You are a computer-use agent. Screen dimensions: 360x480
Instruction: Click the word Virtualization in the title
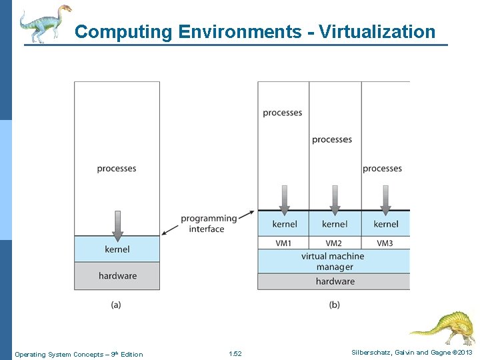pyautogui.click(x=377, y=31)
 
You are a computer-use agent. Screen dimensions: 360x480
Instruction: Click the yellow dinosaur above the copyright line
pyautogui.click(x=441, y=327)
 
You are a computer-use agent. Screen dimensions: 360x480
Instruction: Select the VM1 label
pyautogui.click(x=283, y=243)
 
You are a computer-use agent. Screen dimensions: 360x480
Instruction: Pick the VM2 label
pyautogui.click(x=334, y=243)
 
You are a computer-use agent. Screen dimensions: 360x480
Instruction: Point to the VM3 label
pyautogui.click(x=385, y=243)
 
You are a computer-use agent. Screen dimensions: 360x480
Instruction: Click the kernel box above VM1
pyautogui.click(x=284, y=224)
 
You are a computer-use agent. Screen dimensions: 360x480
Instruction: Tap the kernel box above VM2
pyautogui.click(x=335, y=224)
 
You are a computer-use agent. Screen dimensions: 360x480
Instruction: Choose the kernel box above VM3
pyautogui.click(x=385, y=224)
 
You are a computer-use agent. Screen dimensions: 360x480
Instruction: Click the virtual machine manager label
pyautogui.click(x=333, y=261)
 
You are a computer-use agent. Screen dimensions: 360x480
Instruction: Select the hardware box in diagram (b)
pyautogui.click(x=334, y=281)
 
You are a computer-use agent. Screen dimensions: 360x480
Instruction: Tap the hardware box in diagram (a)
pyautogui.click(x=117, y=276)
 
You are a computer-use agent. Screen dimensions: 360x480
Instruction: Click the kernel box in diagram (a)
pyautogui.click(x=117, y=249)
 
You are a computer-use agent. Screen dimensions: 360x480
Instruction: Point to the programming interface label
pyautogui.click(x=208, y=223)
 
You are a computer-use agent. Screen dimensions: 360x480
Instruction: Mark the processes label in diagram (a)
pyautogui.click(x=117, y=169)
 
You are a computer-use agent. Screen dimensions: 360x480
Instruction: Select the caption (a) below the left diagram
pyautogui.click(x=116, y=305)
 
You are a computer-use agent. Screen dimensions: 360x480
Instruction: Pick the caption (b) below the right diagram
pyautogui.click(x=334, y=305)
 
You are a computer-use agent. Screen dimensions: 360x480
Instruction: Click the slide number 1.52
pyautogui.click(x=235, y=354)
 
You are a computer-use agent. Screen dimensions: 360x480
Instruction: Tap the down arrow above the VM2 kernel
pyautogui.click(x=335, y=198)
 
